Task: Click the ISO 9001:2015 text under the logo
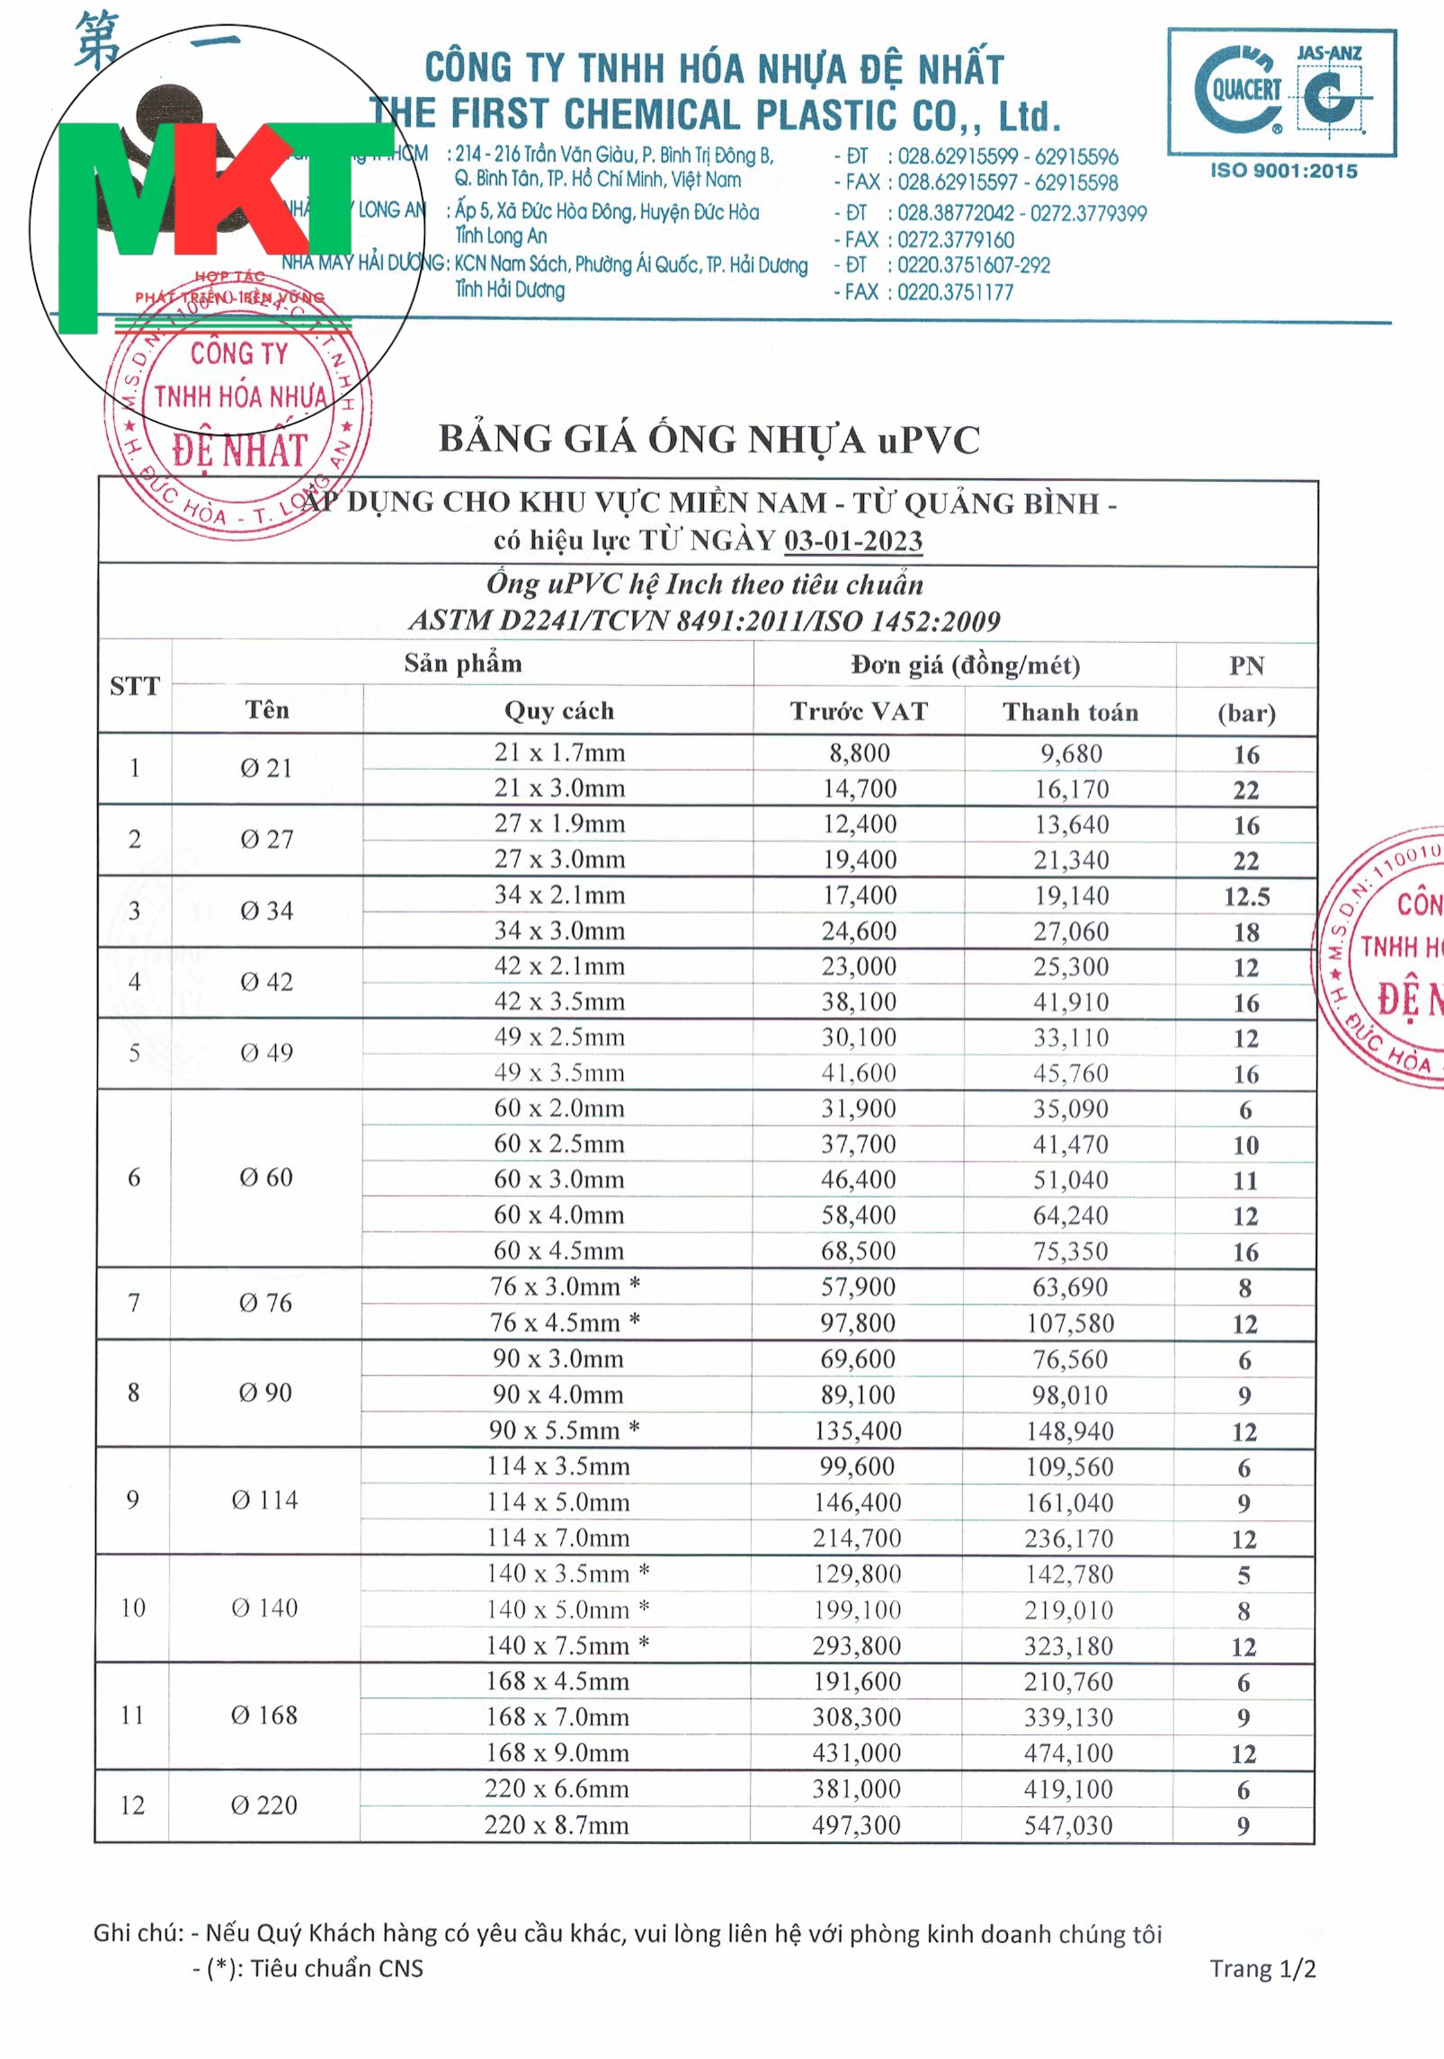(1283, 171)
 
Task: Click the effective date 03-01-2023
(852, 540)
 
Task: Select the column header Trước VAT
(858, 711)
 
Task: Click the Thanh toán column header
(1070, 712)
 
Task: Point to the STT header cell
(134, 687)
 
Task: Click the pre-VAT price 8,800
(859, 753)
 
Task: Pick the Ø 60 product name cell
(266, 1178)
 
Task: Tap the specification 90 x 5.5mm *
(564, 1430)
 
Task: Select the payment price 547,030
(1068, 1825)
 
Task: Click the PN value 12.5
(1246, 896)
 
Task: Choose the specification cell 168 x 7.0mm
(557, 1716)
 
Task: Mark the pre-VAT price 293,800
(857, 1645)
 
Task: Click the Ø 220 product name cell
(264, 1805)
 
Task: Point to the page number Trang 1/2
(1262, 1969)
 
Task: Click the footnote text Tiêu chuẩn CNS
(336, 1969)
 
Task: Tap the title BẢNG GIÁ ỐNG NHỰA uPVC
(709, 440)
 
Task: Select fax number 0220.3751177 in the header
(955, 292)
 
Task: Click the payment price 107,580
(1070, 1324)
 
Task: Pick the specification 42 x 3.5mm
(559, 1002)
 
